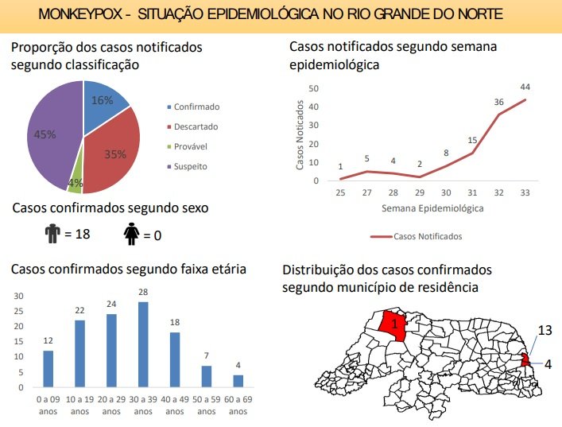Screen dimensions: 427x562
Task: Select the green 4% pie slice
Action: (76, 184)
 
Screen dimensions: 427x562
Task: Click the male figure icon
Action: (52, 234)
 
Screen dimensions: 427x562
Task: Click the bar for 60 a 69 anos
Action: (238, 381)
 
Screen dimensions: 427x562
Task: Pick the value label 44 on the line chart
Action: (525, 87)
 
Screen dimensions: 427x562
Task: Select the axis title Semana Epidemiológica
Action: (432, 209)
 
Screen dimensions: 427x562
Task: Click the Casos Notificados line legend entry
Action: (417, 236)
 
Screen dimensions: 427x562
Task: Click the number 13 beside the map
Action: (545, 329)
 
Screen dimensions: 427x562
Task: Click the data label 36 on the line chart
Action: (499, 102)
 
